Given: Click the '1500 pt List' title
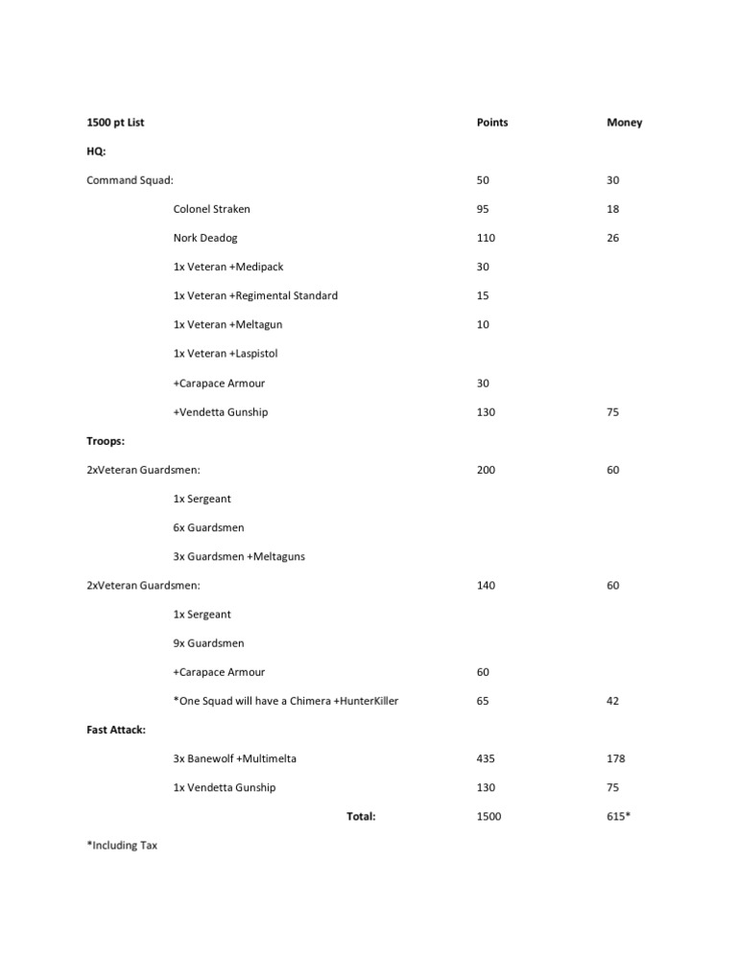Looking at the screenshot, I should point(115,123).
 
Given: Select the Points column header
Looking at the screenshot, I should point(492,123).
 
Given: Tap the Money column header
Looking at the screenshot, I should point(625,123).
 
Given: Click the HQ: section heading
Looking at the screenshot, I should point(96,151).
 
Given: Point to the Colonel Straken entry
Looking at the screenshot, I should point(211,209).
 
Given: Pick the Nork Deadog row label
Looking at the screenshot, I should point(205,238).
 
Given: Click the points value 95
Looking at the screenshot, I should point(484,209).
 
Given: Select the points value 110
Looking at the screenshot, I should point(487,238).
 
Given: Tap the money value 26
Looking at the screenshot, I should point(613,238).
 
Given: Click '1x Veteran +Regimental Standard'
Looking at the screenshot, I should point(255,295).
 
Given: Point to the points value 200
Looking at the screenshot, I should point(487,470).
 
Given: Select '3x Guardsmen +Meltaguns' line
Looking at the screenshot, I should point(239,556).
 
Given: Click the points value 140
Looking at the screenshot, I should point(487,585).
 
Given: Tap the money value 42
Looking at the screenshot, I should point(613,701).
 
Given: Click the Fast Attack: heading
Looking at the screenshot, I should point(116,730).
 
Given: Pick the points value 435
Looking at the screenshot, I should point(487,758).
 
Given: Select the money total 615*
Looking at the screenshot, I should point(618,817).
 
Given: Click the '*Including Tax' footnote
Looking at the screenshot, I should point(122,846).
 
